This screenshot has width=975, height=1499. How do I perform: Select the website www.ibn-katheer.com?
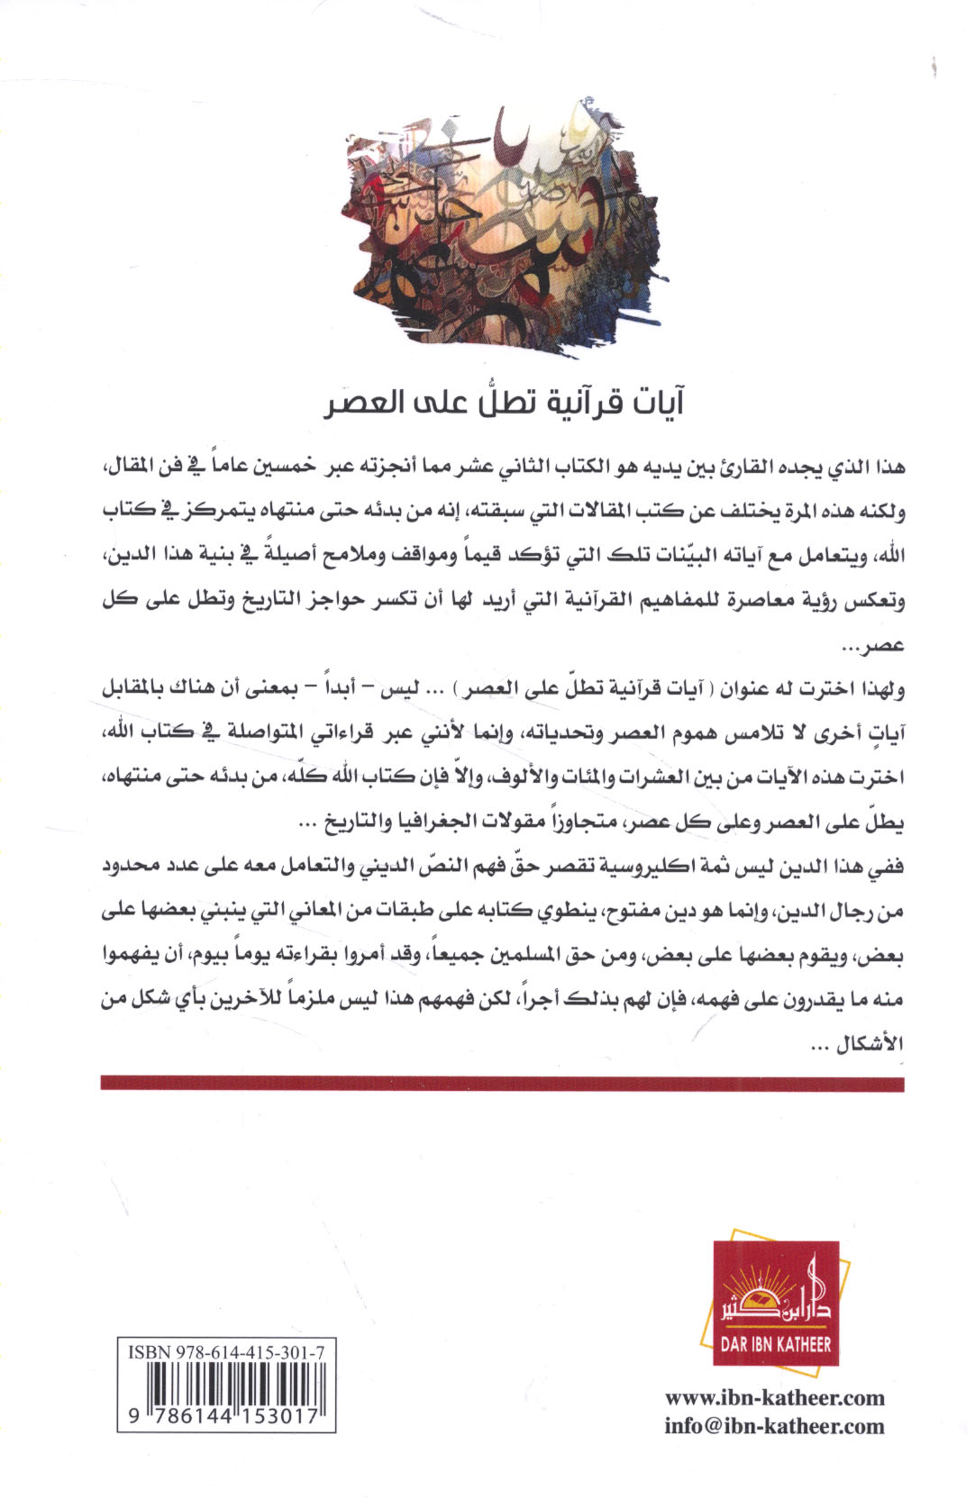775,1398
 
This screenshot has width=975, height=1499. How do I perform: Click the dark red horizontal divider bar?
501,1082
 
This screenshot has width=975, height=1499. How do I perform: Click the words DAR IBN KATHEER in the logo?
776,1345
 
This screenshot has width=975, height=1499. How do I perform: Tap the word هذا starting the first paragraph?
887,468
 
